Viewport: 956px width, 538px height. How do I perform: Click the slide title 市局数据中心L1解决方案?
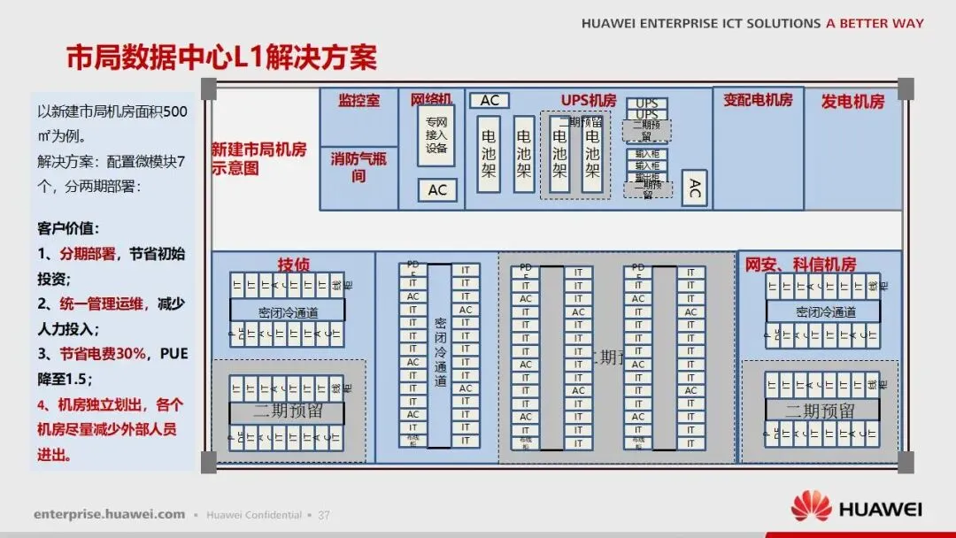tap(221, 58)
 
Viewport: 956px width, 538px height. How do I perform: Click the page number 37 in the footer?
tap(324, 514)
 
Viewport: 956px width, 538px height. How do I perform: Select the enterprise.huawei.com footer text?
tap(110, 514)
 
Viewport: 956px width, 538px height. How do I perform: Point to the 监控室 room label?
tap(358, 100)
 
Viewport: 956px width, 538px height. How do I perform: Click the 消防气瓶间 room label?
tap(358, 166)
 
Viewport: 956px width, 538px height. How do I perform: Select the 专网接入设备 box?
tap(436, 135)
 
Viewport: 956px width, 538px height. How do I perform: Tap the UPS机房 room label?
tap(589, 100)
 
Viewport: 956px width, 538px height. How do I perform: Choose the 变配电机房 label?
tap(758, 100)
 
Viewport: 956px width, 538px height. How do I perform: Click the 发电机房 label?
tap(852, 101)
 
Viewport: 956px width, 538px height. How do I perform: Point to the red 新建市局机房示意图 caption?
tap(258, 158)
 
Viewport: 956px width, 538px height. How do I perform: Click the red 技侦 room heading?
tap(294, 264)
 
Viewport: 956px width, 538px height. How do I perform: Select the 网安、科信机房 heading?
tap(800, 264)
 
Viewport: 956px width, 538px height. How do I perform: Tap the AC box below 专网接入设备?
tap(437, 189)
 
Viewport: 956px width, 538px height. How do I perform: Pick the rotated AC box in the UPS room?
tap(695, 188)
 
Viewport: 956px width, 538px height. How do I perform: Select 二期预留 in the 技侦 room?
tap(288, 411)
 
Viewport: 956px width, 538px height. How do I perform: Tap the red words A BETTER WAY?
tap(875, 24)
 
